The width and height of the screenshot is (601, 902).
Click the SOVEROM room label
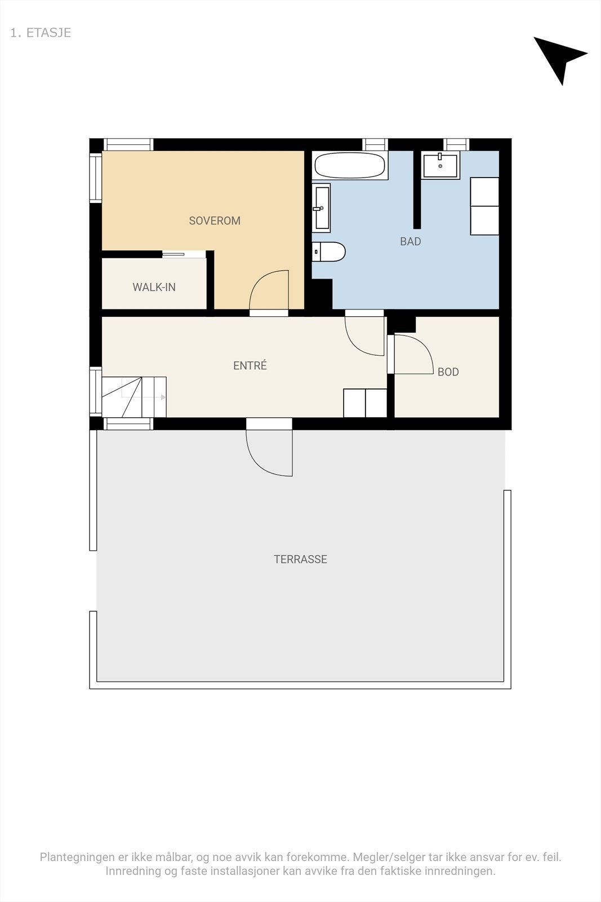click(215, 220)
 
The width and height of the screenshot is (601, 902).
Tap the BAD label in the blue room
click(410, 242)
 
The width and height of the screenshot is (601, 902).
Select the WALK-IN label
click(154, 287)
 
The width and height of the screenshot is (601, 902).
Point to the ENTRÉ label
click(250, 365)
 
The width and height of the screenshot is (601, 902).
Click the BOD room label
click(448, 372)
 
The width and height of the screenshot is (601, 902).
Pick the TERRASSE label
click(301, 559)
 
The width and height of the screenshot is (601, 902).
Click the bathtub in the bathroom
click(350, 165)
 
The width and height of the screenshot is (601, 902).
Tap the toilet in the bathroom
click(328, 251)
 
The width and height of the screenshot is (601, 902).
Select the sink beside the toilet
click(322, 208)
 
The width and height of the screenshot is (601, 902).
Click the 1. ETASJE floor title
click(41, 33)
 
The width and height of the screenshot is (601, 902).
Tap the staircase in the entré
click(134, 397)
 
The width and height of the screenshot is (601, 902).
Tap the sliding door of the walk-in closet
click(184, 254)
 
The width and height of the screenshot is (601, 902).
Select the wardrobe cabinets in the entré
click(365, 403)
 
